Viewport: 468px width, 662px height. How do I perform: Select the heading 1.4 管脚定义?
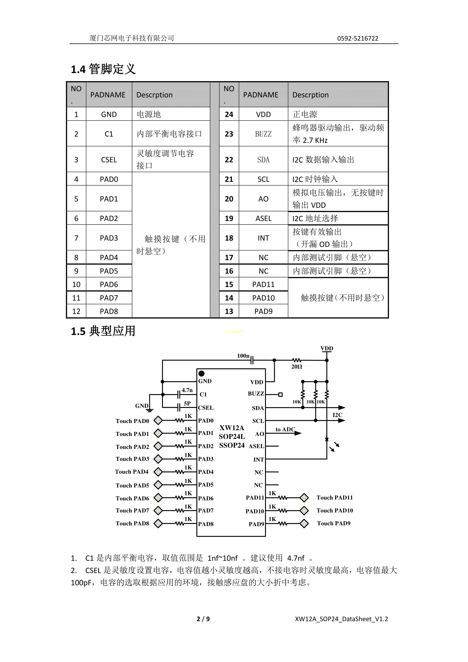103,69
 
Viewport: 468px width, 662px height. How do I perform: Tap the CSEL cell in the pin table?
109,160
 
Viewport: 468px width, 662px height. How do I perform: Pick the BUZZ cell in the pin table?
263,134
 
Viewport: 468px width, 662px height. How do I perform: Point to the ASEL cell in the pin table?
263,219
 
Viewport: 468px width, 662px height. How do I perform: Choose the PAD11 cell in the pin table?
263,285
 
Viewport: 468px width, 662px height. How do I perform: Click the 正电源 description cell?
305,115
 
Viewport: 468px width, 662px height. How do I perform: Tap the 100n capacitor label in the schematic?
243,356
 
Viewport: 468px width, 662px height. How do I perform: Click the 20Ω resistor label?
297,366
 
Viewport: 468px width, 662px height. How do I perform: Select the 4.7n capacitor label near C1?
187,390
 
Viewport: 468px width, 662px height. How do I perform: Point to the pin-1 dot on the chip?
201,374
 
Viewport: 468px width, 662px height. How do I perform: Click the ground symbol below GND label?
150,410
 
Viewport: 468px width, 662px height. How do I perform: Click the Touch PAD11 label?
335,497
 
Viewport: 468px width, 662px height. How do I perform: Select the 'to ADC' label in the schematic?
285,429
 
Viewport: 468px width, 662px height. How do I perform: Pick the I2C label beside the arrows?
337,415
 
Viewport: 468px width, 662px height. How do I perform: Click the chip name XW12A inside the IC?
232,428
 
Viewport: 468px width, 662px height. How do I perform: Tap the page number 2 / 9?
203,619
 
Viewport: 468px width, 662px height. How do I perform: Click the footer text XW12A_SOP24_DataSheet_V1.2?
341,619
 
